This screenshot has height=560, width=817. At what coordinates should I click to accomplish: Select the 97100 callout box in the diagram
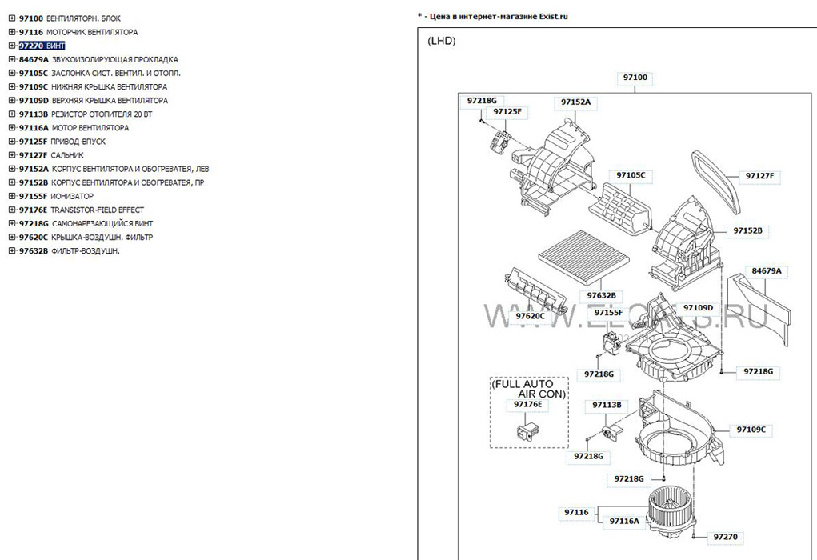(635, 78)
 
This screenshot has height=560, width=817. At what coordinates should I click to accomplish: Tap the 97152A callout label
(575, 102)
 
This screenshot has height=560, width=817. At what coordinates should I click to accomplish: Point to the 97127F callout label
(763, 175)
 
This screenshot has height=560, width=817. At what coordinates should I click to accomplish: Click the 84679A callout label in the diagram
(766, 271)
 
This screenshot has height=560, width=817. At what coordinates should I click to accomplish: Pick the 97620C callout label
(529, 316)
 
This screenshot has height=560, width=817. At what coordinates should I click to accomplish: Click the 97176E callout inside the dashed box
(527, 406)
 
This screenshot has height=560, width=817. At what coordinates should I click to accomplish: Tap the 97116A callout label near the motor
(624, 521)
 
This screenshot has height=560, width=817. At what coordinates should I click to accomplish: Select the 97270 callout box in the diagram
(725, 537)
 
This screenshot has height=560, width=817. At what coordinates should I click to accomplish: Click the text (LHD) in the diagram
(441, 41)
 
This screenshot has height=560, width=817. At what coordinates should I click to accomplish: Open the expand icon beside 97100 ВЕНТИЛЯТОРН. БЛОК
(12, 18)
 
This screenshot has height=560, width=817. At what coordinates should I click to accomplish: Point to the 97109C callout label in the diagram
(751, 430)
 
